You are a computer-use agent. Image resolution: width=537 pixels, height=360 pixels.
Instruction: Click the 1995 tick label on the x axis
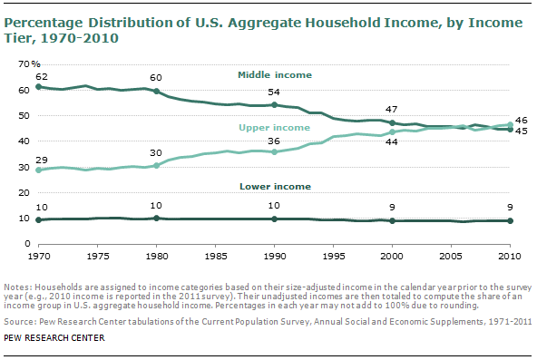pos(333,255)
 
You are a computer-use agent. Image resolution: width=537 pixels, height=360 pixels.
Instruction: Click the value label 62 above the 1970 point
pos(40,77)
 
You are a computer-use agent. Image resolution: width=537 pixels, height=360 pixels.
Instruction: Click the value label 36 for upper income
pos(274,140)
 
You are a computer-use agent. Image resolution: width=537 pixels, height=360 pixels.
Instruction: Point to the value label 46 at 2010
pos(522,119)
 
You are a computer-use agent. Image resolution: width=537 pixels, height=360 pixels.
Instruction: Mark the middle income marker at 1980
pos(156,92)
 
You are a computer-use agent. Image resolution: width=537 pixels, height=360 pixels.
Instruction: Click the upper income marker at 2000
pos(392,132)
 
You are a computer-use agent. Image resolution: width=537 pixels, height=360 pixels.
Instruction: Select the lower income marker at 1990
pos(274,219)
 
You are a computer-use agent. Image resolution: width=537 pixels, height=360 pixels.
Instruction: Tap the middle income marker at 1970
pos(37,87)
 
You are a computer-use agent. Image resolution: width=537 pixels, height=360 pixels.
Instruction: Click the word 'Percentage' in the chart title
pos(41,23)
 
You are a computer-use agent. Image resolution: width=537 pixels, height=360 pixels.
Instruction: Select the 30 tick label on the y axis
pos(24,168)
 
